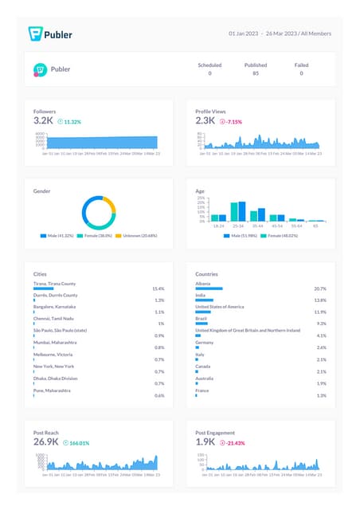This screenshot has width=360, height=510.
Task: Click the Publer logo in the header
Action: coord(50,33)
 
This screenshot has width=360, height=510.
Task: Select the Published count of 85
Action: coord(255,73)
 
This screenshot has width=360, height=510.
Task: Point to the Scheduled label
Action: coord(210,65)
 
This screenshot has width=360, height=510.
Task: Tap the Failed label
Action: coord(301,65)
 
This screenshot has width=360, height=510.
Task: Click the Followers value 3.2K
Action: coord(43,120)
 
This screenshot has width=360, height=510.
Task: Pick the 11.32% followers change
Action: coord(71,122)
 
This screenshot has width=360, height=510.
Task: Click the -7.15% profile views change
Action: coord(233,122)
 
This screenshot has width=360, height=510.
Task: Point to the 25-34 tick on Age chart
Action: coord(237,226)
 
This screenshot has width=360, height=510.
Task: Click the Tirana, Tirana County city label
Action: coord(55,283)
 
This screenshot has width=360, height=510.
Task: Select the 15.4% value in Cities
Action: coord(158,288)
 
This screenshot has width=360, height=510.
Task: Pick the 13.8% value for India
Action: coord(320,300)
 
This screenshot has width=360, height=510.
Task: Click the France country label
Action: coord(203,390)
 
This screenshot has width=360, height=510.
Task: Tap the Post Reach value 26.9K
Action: coord(46,441)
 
